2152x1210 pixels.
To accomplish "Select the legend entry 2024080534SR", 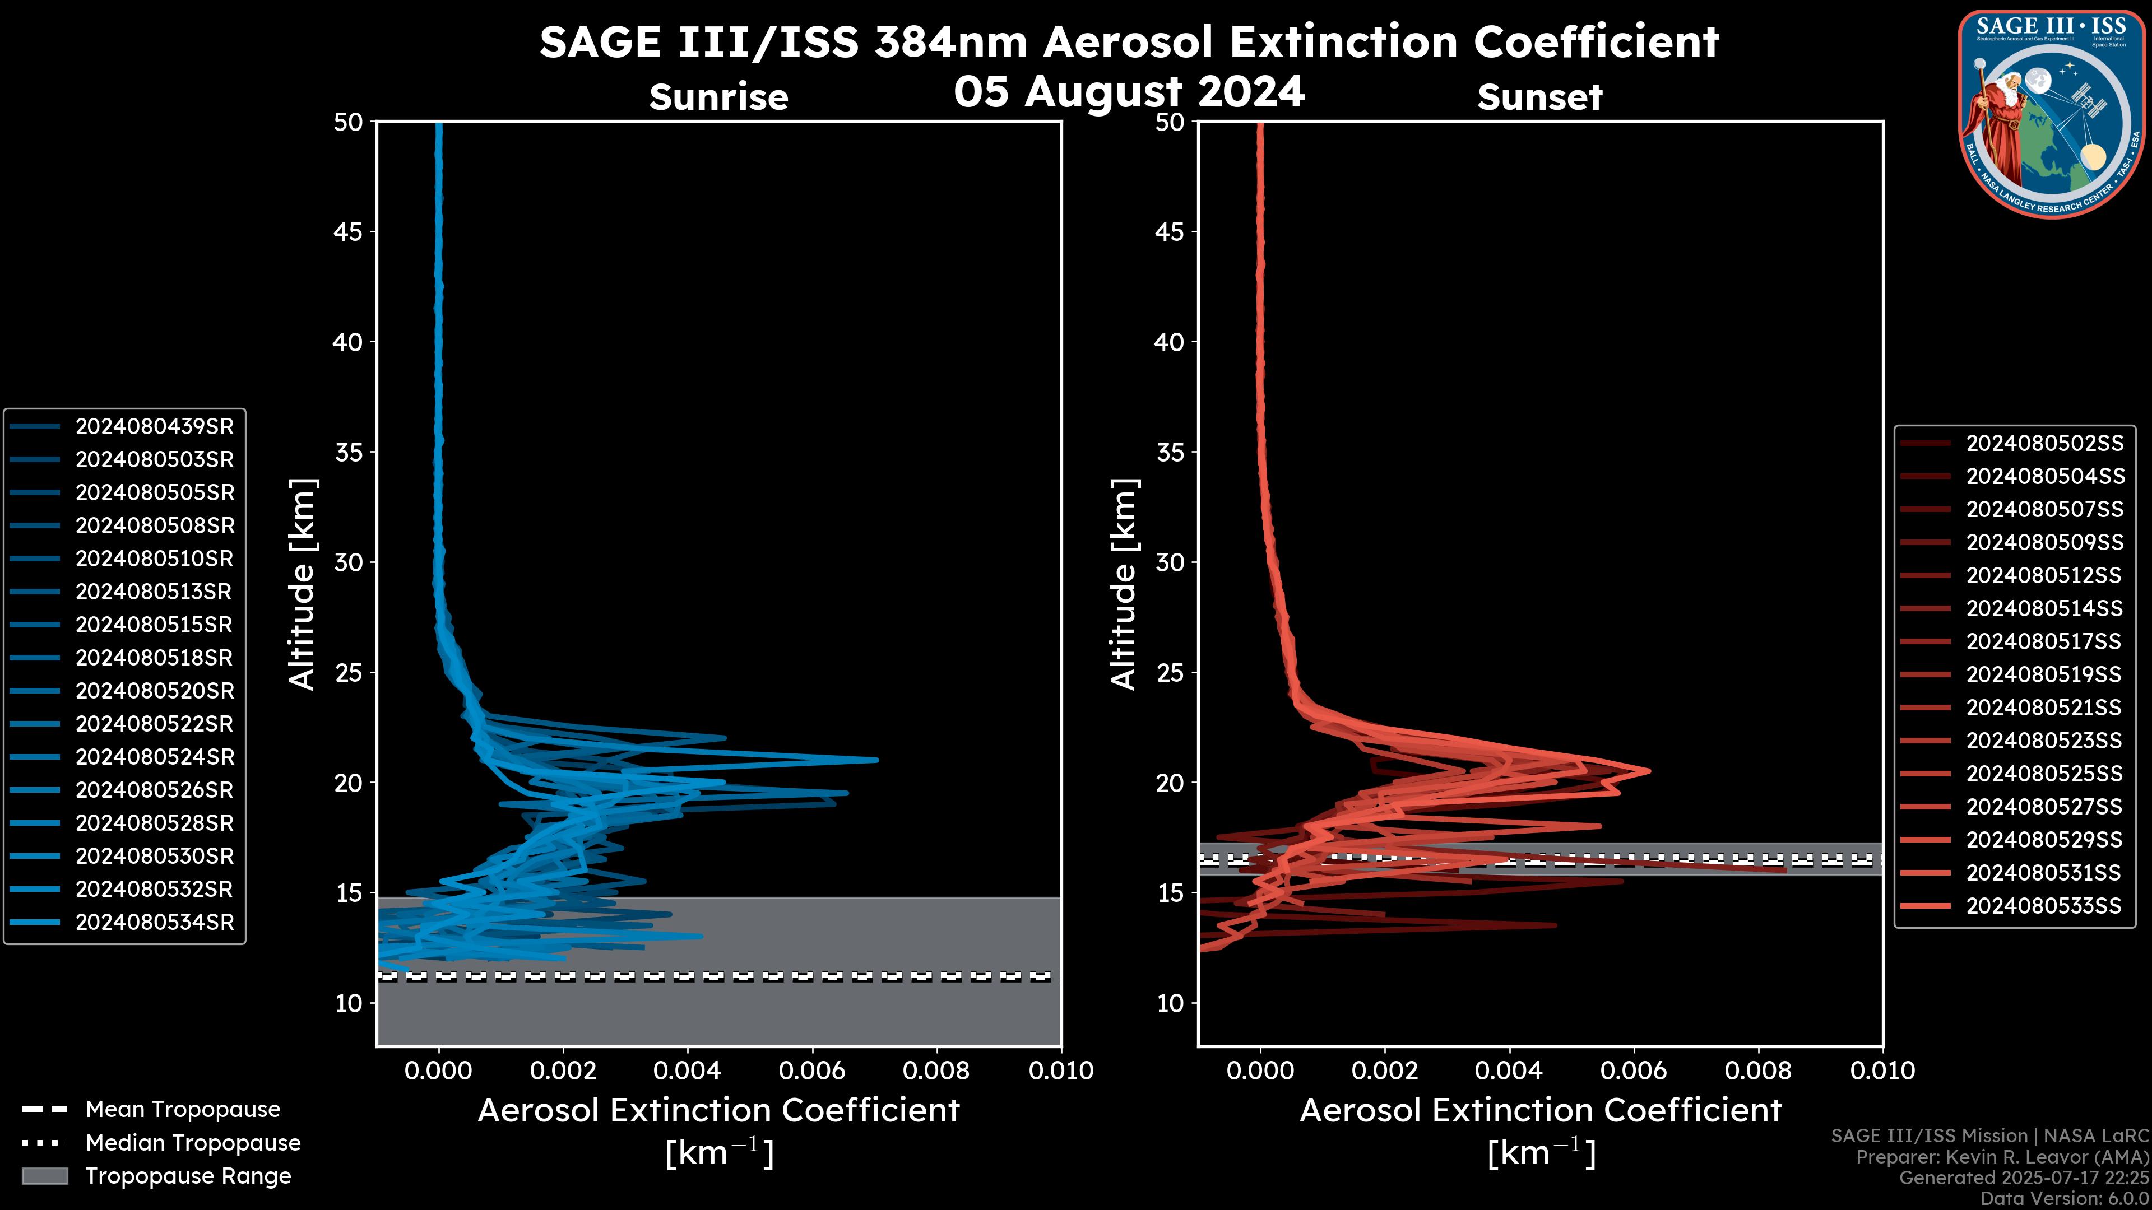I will point(155,923).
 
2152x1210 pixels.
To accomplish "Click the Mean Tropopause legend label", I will point(183,1110).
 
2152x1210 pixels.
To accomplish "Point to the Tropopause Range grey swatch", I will point(44,1176).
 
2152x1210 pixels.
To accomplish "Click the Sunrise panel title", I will point(718,97).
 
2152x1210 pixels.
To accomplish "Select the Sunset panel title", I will point(1539,97).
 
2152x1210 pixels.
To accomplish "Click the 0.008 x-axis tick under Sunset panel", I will point(1759,1071).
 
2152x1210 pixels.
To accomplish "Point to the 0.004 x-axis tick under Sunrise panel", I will point(687,1071).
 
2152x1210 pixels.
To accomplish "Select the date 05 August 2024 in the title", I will point(1129,91).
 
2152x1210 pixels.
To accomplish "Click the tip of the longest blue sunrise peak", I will point(876,760).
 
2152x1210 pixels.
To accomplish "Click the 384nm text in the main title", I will point(950,42).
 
